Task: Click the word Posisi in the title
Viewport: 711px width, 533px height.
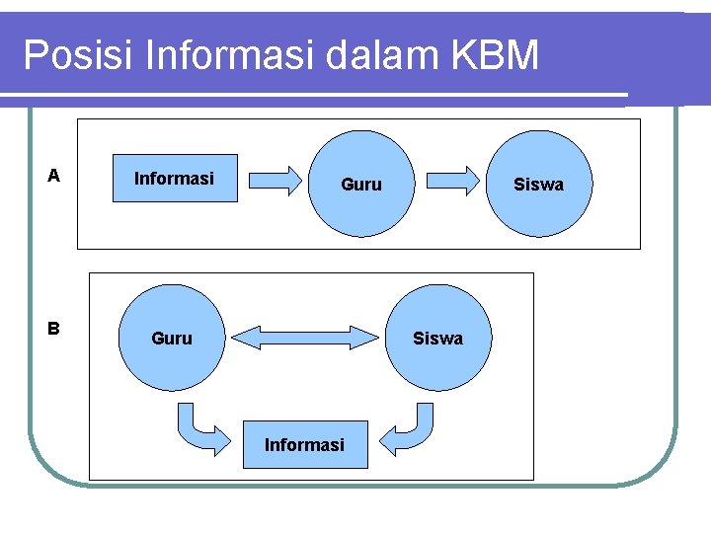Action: (77, 56)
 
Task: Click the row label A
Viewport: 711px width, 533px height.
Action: (54, 177)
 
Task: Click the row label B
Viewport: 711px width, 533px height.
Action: (54, 329)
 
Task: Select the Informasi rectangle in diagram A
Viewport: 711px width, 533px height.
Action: (175, 179)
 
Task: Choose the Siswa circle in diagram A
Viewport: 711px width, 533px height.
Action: (538, 185)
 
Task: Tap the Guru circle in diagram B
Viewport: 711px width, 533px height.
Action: (171, 339)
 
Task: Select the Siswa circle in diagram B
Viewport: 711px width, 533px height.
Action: (437, 339)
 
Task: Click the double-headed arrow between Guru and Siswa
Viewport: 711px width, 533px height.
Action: (306, 339)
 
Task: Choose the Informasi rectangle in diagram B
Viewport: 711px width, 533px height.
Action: (304, 445)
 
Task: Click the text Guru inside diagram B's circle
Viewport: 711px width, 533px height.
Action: (172, 339)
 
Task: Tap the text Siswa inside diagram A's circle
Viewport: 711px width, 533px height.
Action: (539, 185)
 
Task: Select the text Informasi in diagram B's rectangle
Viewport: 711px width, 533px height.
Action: (304, 445)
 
